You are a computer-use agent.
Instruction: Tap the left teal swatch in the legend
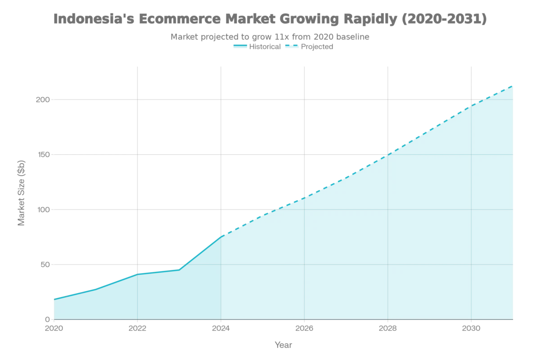(x=239, y=46)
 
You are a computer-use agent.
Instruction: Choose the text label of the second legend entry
(x=317, y=46)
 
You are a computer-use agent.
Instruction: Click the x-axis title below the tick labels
(x=283, y=345)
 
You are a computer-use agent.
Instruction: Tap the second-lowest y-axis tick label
(x=44, y=265)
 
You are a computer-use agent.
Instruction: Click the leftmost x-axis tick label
(x=54, y=328)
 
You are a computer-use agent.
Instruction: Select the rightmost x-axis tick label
(x=471, y=328)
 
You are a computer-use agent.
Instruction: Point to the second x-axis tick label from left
(x=137, y=328)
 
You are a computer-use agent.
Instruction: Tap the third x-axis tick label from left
(x=221, y=328)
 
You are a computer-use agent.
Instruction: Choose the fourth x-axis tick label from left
(x=304, y=328)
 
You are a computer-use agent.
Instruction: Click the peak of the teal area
(x=513, y=84)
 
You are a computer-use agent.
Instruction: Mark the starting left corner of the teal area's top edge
(x=54, y=297)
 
